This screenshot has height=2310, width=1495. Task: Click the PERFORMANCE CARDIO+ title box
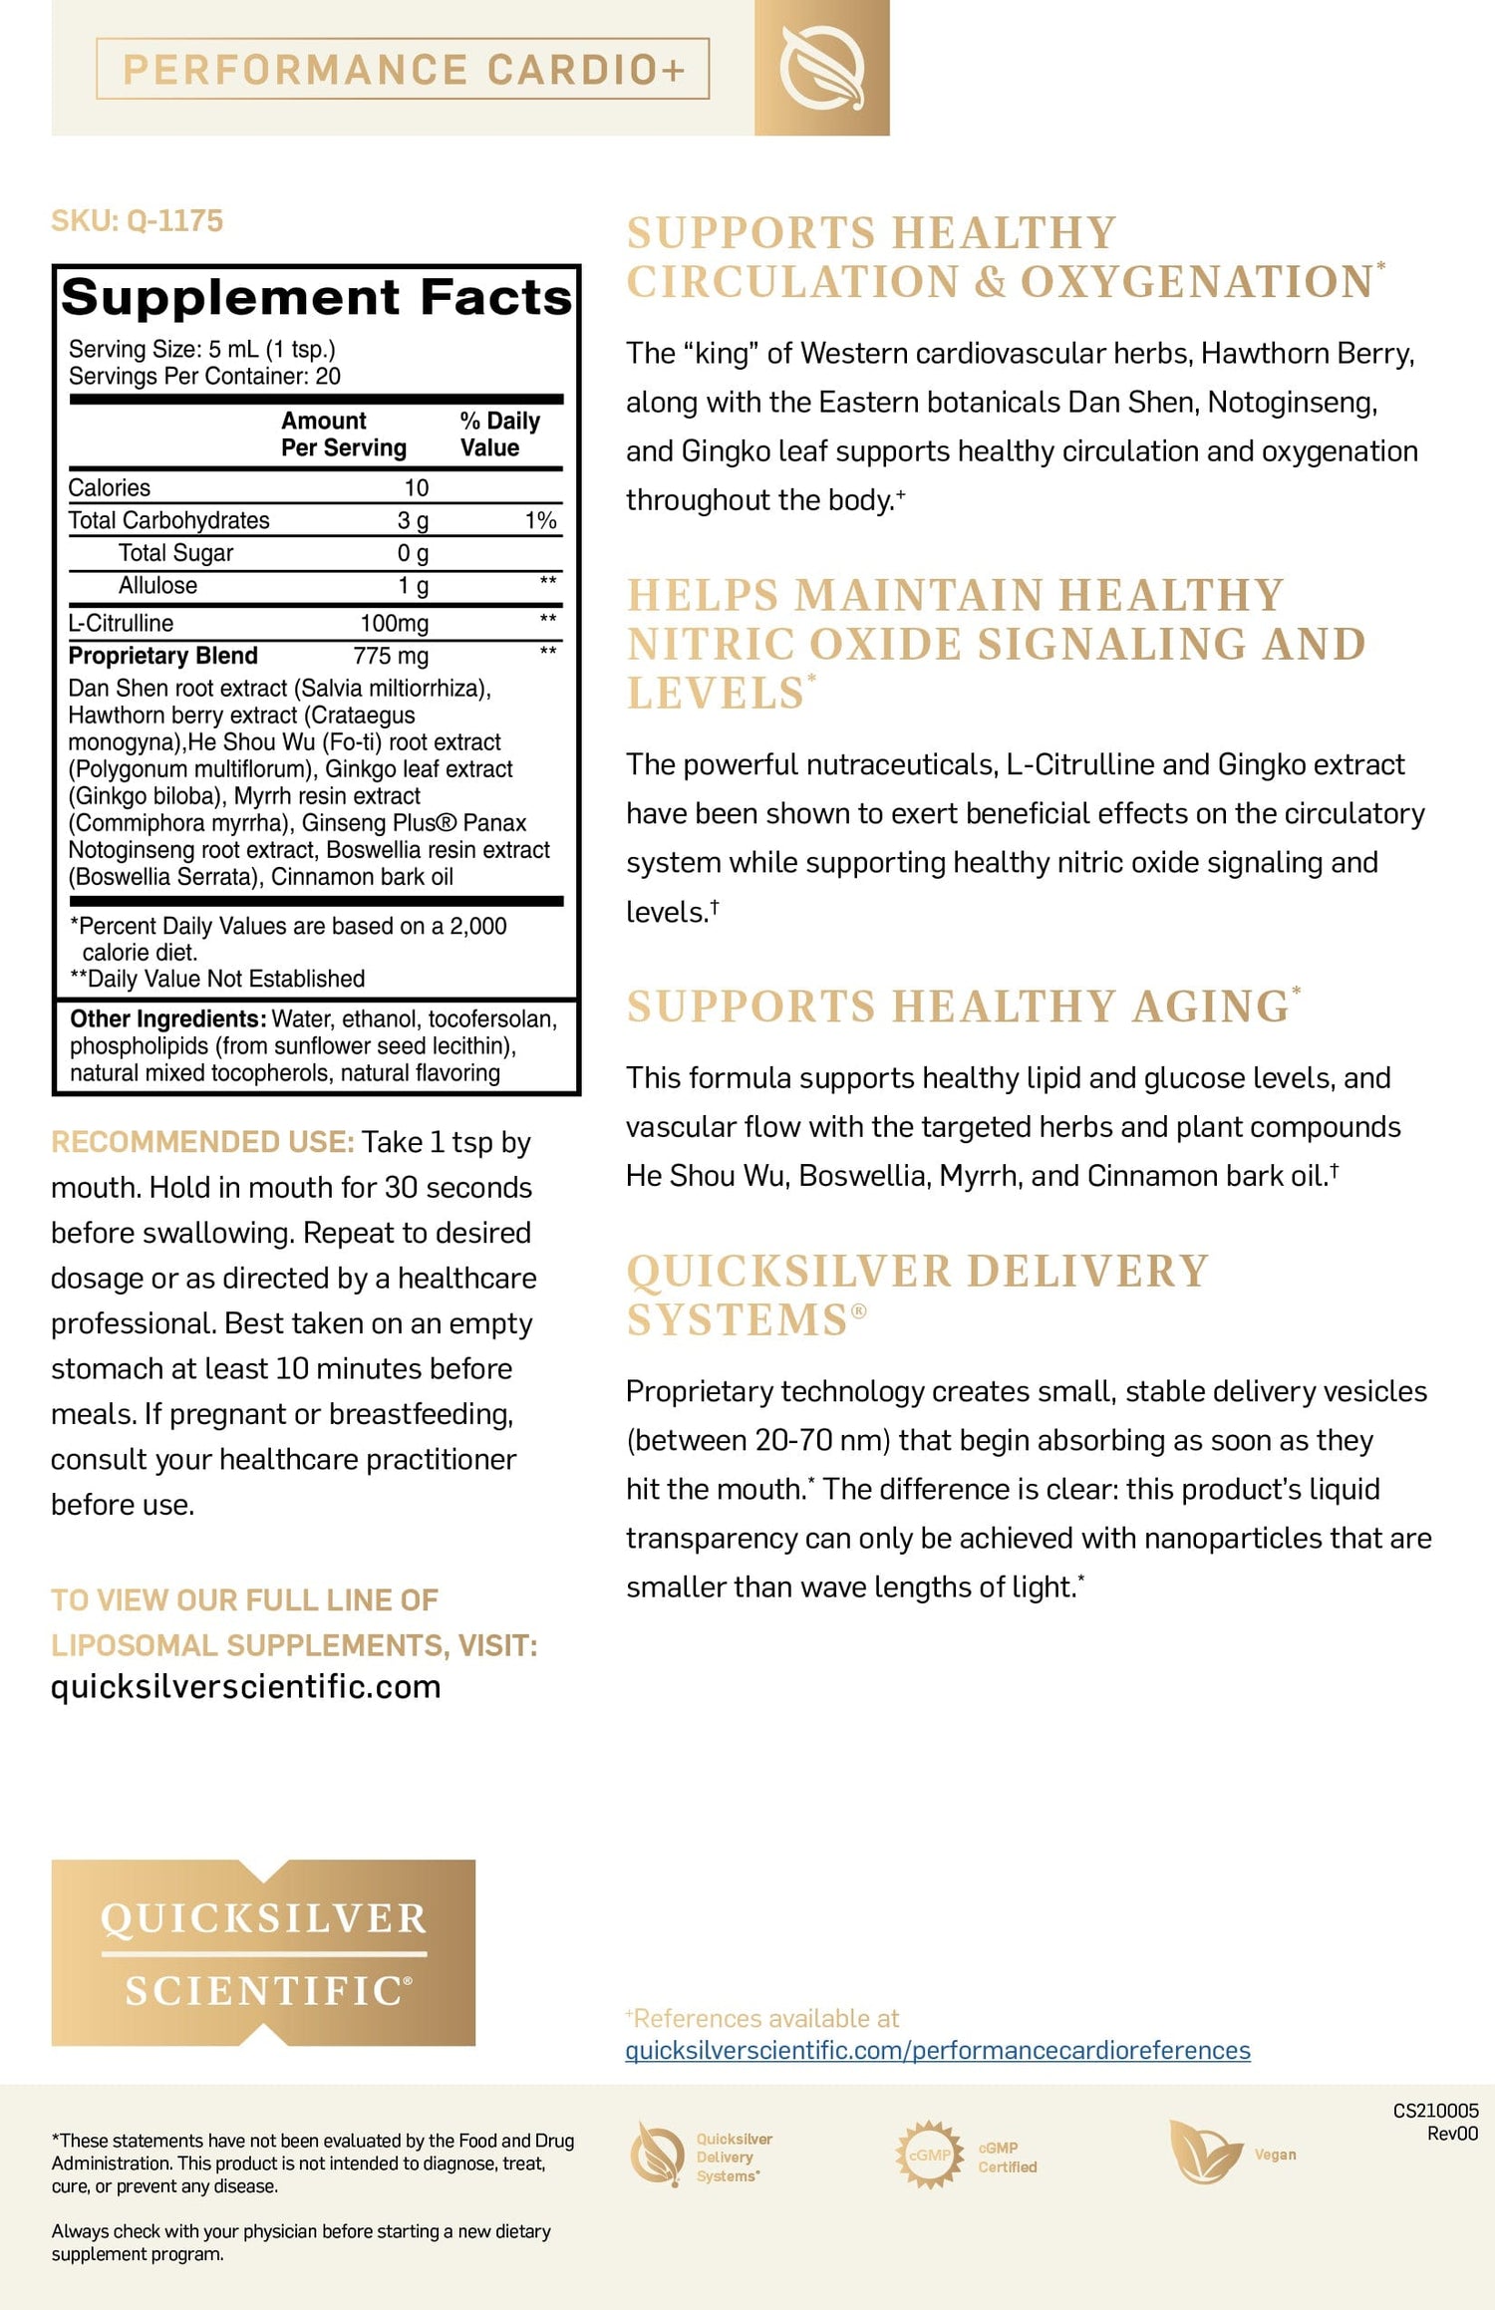403,69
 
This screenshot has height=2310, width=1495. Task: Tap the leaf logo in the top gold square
821,68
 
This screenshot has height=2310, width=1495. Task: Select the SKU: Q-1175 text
138,220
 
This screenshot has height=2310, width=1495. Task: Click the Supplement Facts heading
317,297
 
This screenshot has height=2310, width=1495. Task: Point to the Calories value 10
416,487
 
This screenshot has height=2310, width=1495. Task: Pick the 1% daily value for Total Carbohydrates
540,520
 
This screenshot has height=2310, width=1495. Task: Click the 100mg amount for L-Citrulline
394,623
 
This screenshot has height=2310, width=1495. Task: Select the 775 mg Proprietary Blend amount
391,656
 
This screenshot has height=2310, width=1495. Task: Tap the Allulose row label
157,585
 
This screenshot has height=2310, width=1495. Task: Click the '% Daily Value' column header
499,433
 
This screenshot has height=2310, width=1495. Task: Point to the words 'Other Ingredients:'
166,1018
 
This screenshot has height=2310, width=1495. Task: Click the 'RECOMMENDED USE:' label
202,1141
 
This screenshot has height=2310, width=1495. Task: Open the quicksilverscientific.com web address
246,1686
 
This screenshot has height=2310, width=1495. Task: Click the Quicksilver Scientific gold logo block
263,1952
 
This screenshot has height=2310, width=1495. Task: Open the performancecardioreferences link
937,2050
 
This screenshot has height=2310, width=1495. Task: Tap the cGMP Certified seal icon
929,2155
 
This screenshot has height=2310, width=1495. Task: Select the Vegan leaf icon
1204,2154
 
